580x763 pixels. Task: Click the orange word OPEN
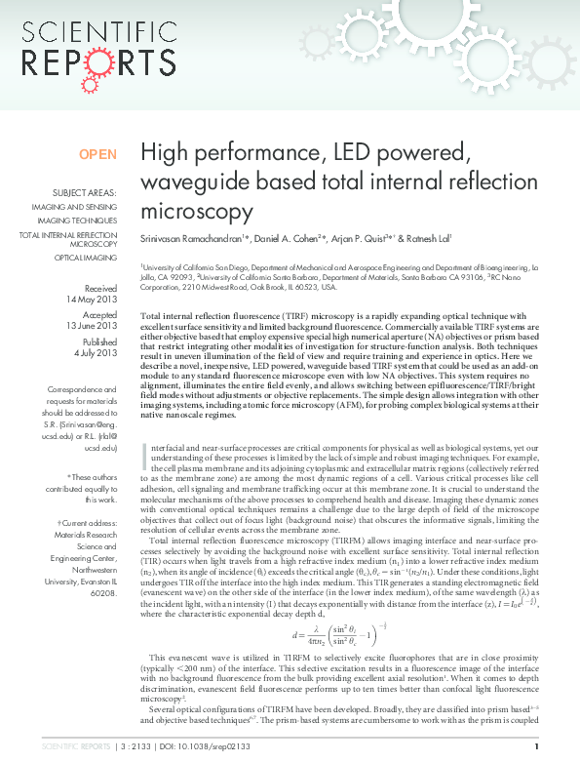(x=97, y=154)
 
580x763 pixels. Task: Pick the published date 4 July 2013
(x=96, y=353)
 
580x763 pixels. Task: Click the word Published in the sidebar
(x=100, y=342)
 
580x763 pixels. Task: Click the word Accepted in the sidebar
(x=99, y=315)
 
